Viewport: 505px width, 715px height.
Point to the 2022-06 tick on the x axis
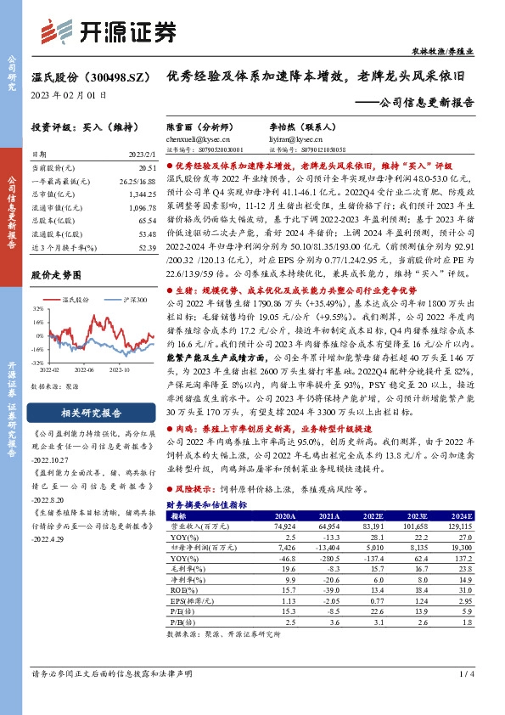point(83,369)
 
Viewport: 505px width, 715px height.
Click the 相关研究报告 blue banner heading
point(93,414)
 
